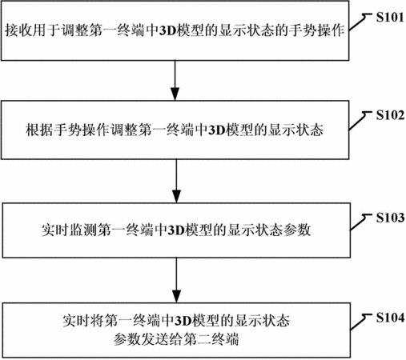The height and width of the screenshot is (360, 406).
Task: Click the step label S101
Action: coord(390,17)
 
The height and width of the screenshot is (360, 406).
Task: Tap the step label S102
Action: coord(390,115)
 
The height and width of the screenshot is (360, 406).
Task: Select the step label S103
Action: coord(390,218)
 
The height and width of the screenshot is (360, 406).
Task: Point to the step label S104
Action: coord(390,318)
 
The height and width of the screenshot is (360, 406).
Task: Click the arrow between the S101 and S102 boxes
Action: coord(175,81)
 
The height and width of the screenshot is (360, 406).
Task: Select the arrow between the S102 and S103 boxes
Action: coord(176,182)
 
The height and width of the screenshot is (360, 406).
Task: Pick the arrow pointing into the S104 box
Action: coord(176,280)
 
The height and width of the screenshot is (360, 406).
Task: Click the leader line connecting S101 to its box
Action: coord(360,22)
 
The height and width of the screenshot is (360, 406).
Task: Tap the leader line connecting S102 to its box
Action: coord(360,121)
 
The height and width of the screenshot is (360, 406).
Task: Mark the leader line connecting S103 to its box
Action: coord(360,222)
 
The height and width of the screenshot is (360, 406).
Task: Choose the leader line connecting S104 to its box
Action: coord(360,322)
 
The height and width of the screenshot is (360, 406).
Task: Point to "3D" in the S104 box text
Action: coord(183,321)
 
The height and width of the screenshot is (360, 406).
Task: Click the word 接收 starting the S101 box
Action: coord(18,31)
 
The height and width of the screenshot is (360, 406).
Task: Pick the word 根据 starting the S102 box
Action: coord(39,130)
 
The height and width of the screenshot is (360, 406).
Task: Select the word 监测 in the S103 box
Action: coord(83,230)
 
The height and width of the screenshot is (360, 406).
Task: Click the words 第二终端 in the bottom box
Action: coord(211,340)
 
